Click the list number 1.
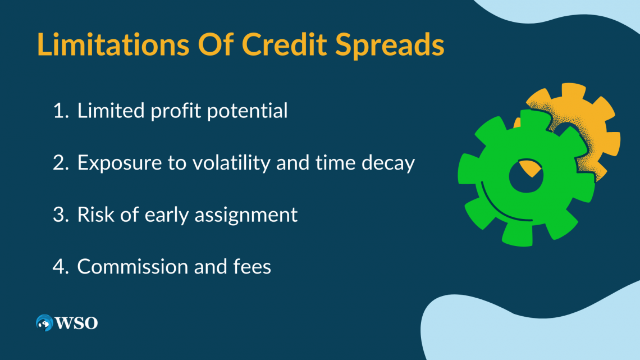(59, 111)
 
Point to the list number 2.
(60, 163)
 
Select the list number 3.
(60, 215)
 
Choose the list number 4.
(60, 267)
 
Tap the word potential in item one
(248, 111)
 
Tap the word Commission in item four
(131, 267)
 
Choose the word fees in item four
(252, 267)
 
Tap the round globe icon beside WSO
(44, 322)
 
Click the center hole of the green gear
(525, 177)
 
